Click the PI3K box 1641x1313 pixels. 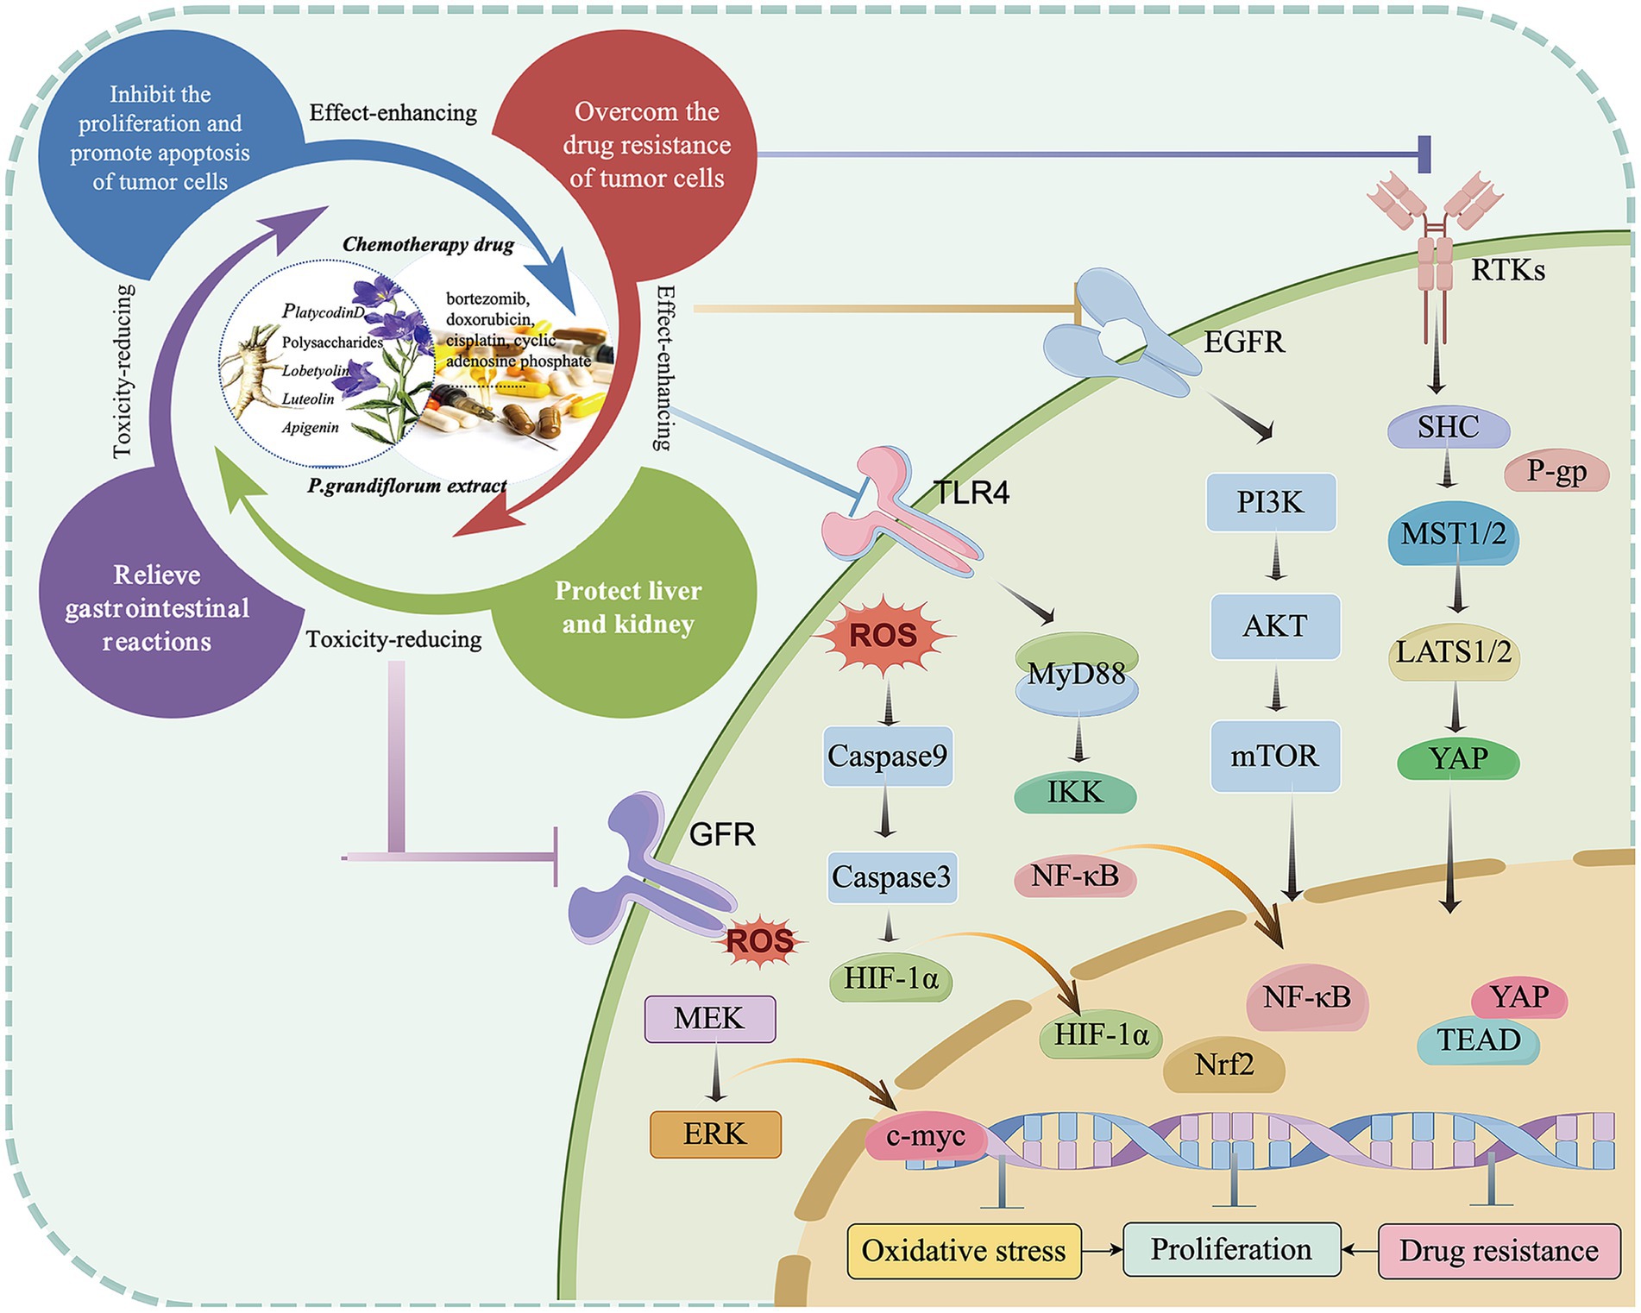1270,502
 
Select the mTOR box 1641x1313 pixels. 1274,757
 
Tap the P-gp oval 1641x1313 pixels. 1556,471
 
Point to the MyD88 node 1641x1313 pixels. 1076,673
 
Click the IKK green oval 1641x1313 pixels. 1074,792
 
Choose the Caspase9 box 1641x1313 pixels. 887,757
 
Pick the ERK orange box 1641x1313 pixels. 714,1134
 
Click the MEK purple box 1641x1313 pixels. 709,1019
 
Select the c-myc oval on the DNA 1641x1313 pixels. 926,1136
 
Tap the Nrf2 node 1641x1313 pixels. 1223,1065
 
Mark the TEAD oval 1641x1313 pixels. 1478,1040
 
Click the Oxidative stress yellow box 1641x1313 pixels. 963,1251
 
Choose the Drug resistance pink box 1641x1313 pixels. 1499,1251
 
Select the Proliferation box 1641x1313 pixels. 1231,1249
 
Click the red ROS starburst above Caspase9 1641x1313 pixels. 883,637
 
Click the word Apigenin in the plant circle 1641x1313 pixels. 310,428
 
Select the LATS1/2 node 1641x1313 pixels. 1454,653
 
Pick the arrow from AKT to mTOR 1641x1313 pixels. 1275,690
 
